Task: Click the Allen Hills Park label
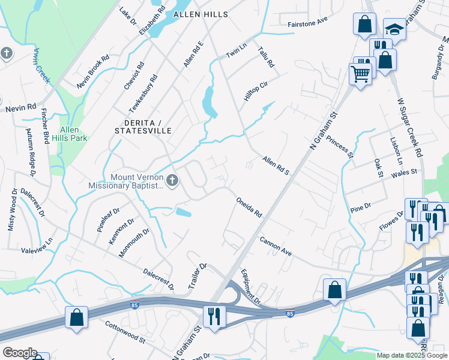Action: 73,134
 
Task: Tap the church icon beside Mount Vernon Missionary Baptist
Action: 172,180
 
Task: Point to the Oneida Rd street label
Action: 249,207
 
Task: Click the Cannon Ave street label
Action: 276,247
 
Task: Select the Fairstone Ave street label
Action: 307,19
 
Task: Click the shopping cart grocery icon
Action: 360,73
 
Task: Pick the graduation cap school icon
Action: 394,28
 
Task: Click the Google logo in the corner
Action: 19,353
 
